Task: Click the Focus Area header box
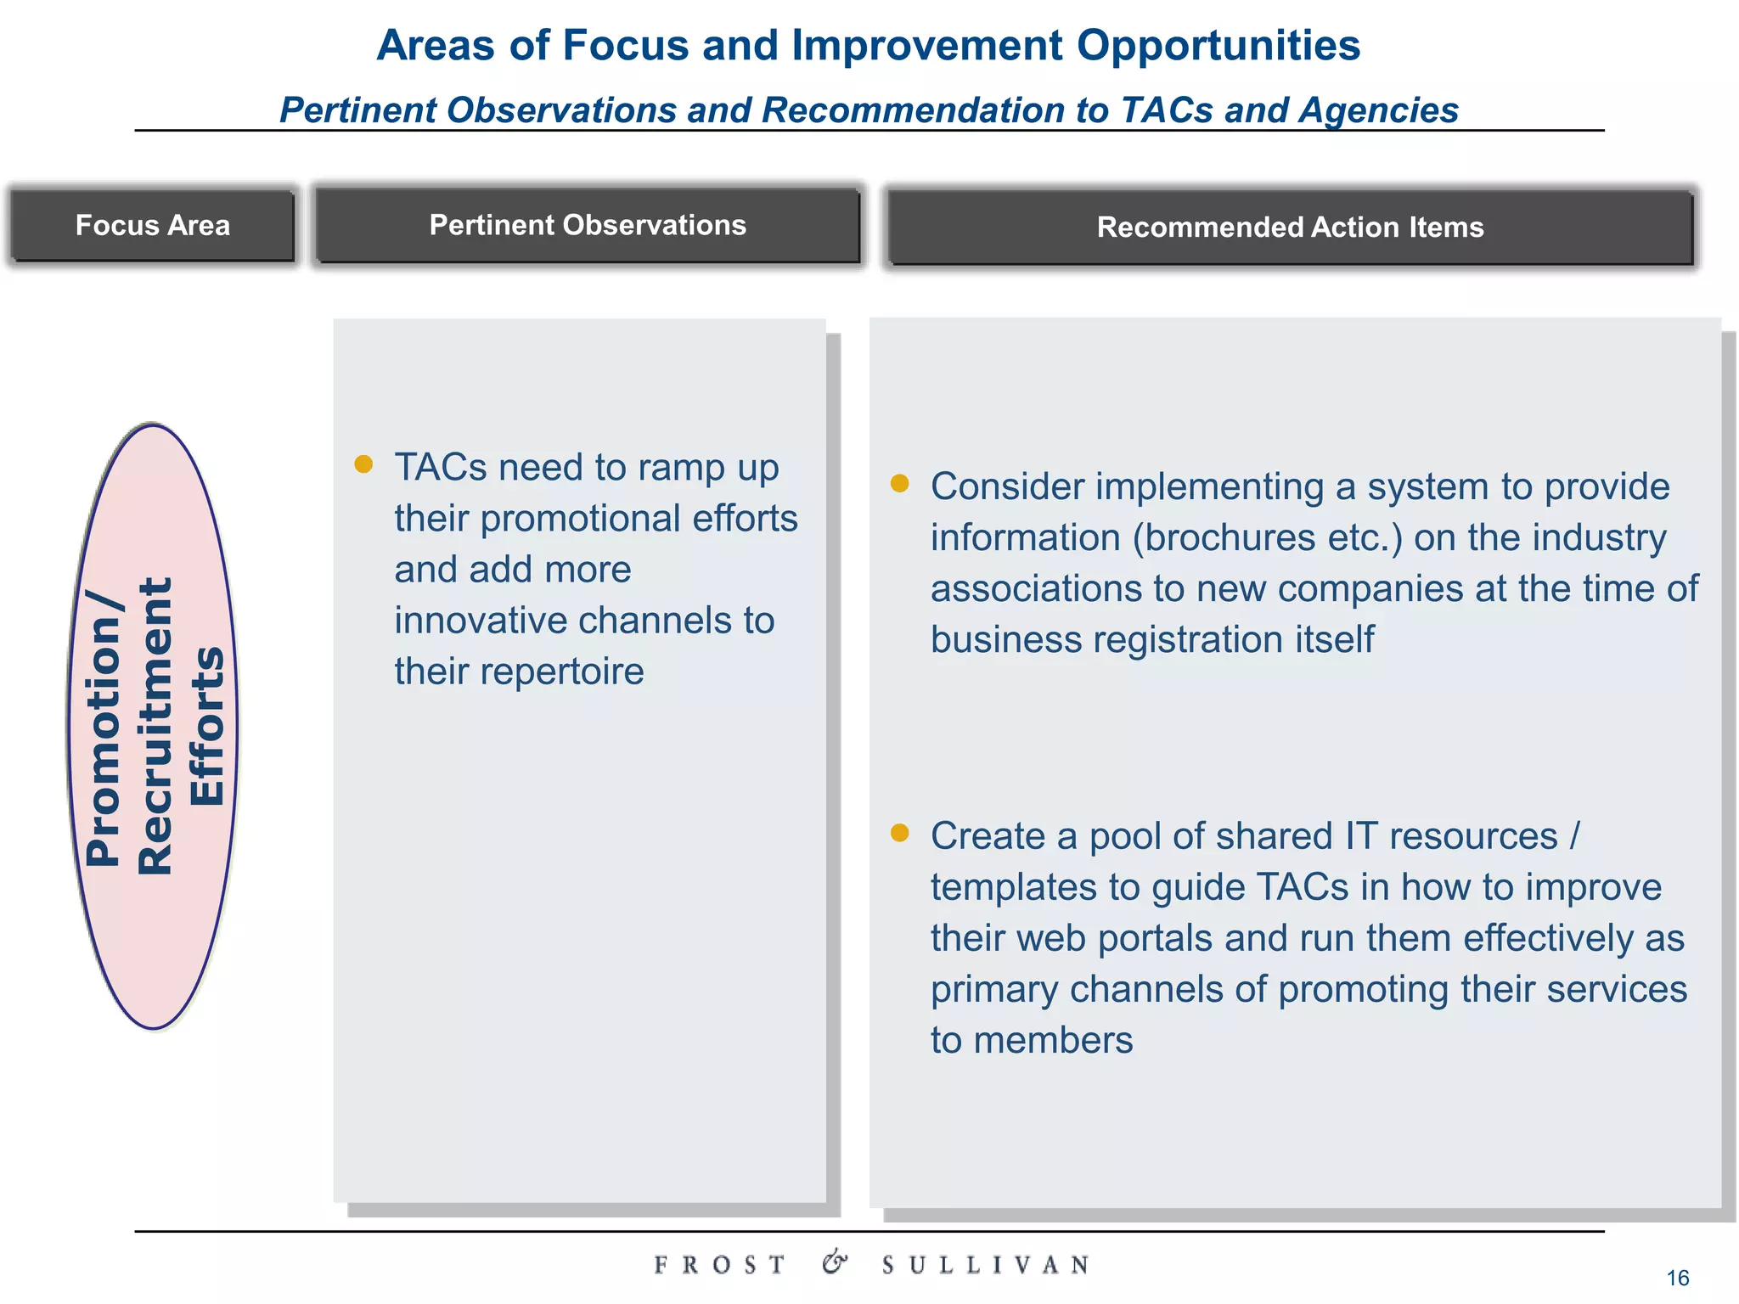(153, 226)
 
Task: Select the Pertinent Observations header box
(588, 226)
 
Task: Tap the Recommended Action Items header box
(1290, 228)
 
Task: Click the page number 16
(1677, 1278)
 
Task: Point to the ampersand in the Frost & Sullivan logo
(835, 1262)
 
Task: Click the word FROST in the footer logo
(719, 1265)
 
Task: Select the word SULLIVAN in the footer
(985, 1265)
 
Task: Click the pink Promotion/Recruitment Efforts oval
(153, 726)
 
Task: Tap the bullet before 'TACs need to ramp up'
(363, 464)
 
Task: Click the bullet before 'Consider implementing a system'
(899, 483)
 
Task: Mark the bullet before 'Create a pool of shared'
(899, 833)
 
